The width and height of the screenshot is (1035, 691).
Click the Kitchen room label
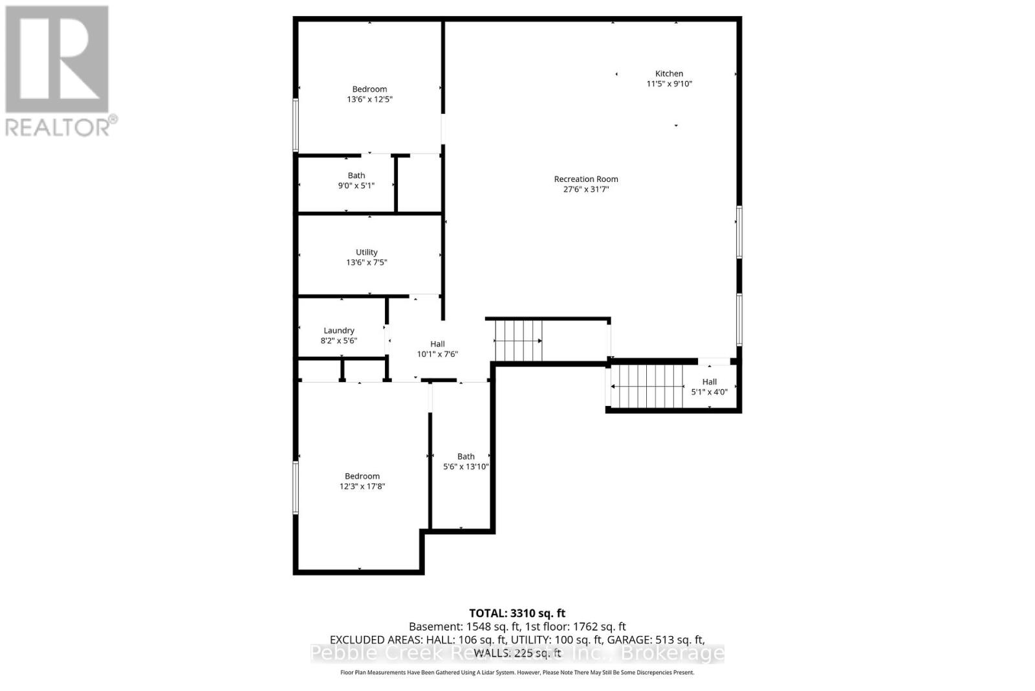tap(669, 74)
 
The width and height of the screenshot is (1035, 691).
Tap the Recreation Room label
tap(585, 179)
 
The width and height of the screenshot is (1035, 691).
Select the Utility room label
tap(366, 253)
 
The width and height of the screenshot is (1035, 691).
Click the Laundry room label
tap(339, 330)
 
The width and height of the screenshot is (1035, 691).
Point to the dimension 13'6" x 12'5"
tap(369, 100)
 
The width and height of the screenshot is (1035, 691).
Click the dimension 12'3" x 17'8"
tap(362, 486)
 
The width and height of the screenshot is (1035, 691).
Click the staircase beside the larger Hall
tap(517, 341)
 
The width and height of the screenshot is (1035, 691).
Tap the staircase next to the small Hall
tap(647, 387)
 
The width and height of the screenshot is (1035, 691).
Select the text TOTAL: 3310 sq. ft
tap(517, 613)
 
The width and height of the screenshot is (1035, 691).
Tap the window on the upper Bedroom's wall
tap(296, 124)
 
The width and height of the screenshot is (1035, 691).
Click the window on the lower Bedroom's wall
tap(296, 487)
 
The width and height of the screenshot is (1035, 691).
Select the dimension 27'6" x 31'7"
tap(585, 190)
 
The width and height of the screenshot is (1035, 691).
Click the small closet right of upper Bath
tap(419, 184)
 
